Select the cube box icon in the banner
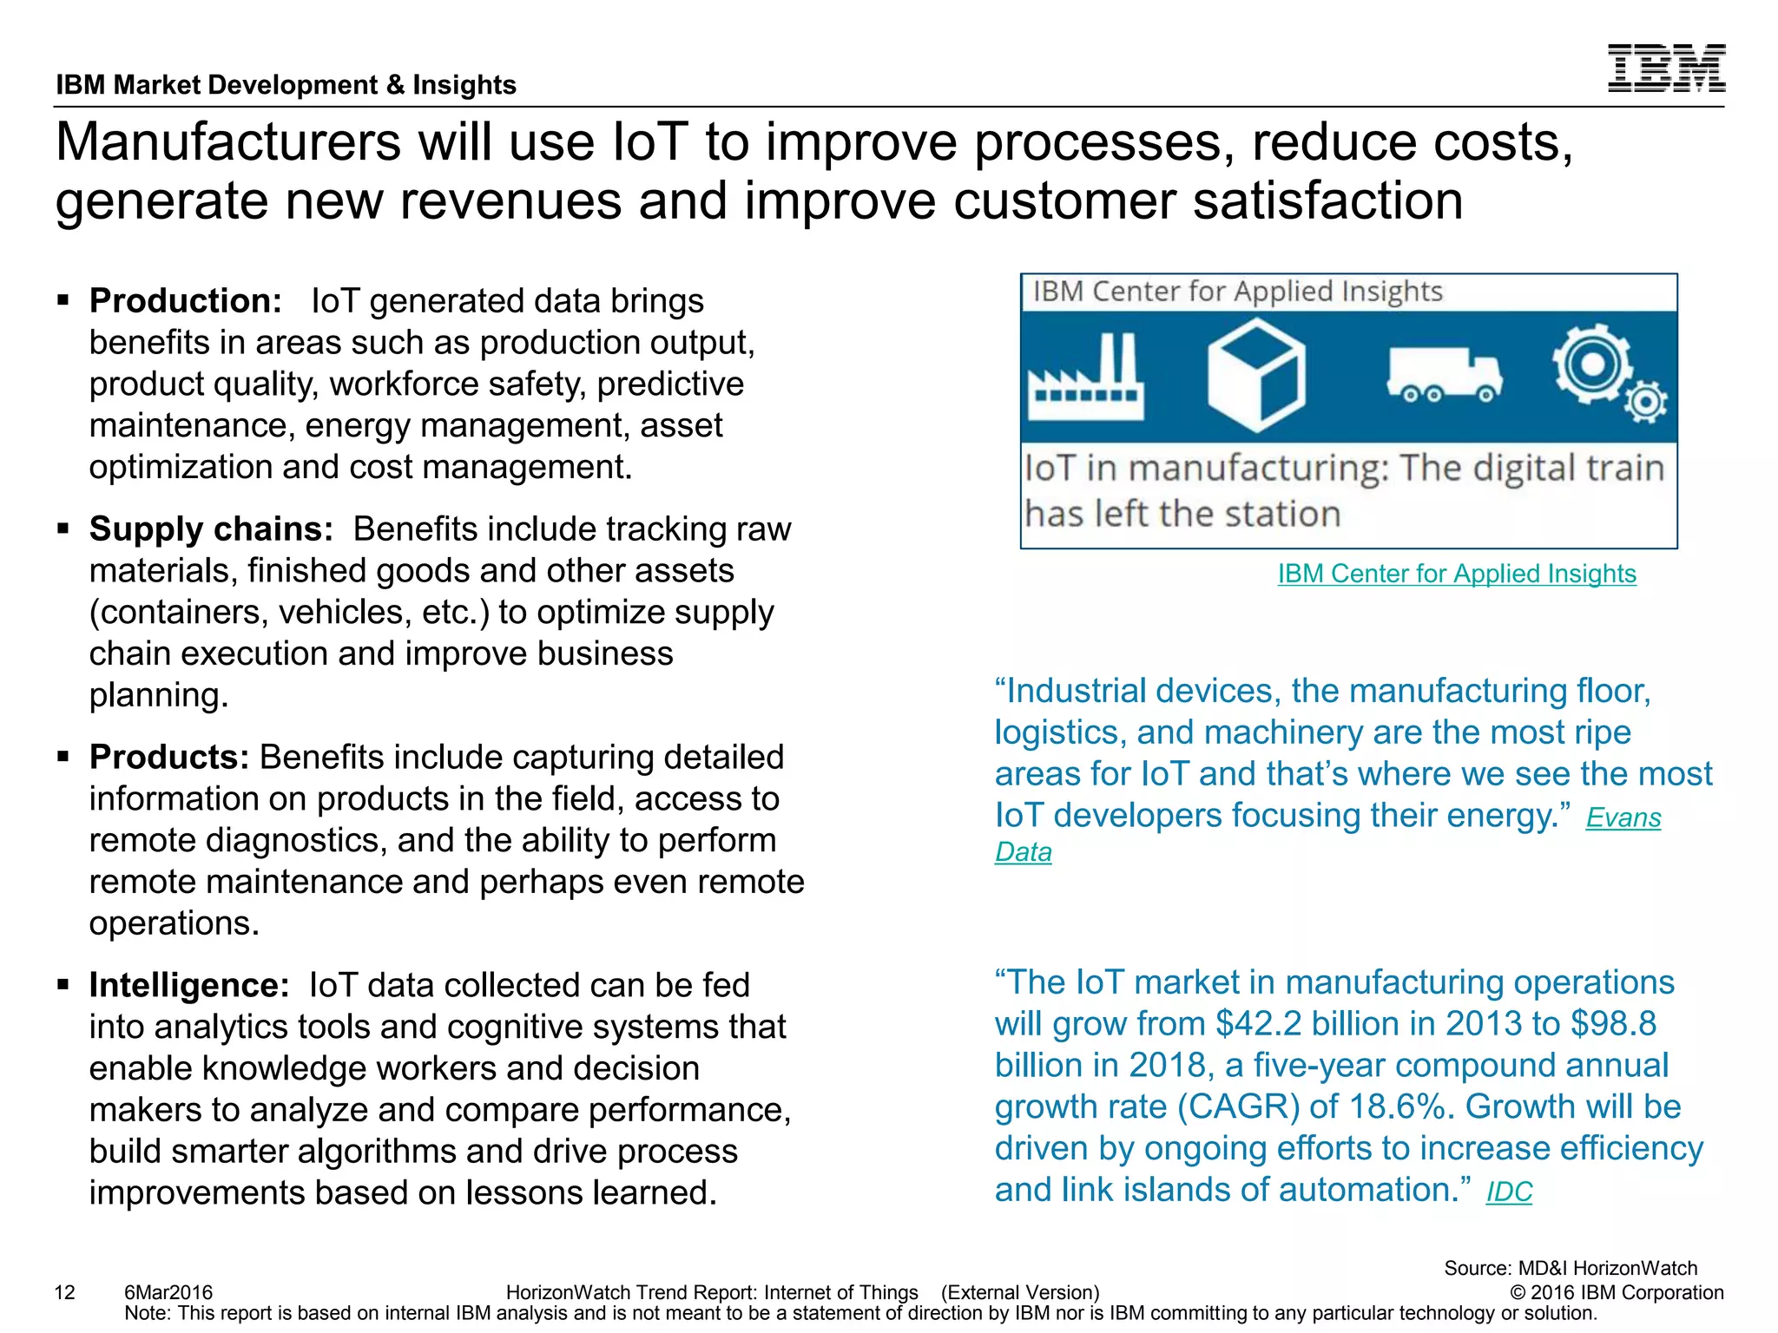tap(1255, 375)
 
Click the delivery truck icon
tap(1444, 375)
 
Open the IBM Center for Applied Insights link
tap(1456, 574)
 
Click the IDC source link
tap(1509, 1192)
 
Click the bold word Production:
tap(185, 301)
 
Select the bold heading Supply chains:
tap(211, 529)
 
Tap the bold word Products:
tap(169, 758)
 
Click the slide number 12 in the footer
tap(65, 1293)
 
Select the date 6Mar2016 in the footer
tap(168, 1293)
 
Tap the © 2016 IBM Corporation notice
tap(1616, 1293)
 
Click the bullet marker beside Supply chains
tap(63, 529)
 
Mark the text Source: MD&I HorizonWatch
tap(1570, 1268)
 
